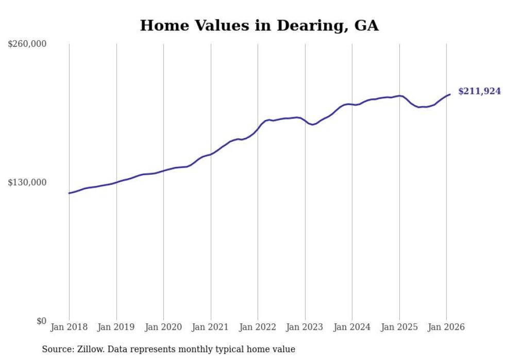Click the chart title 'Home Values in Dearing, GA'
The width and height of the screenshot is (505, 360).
pyautogui.click(x=259, y=26)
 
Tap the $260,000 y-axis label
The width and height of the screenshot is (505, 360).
pyautogui.click(x=27, y=44)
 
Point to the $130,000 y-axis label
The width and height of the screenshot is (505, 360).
pyautogui.click(x=27, y=182)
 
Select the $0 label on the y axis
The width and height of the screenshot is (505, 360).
pyautogui.click(x=41, y=321)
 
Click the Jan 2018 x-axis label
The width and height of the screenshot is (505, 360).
pyautogui.click(x=69, y=328)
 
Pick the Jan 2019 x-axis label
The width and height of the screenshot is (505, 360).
pyautogui.click(x=116, y=328)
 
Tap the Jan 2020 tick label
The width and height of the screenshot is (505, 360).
pyautogui.click(x=163, y=328)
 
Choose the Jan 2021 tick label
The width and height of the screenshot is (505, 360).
pyautogui.click(x=211, y=328)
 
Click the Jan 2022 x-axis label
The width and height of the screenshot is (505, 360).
pyautogui.click(x=258, y=328)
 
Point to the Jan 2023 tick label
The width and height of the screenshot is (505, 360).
pyautogui.click(x=305, y=328)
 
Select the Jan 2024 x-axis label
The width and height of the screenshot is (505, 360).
pyautogui.click(x=352, y=328)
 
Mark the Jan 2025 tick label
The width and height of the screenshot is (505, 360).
pyautogui.click(x=399, y=328)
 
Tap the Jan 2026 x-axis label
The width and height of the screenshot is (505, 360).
pyautogui.click(x=446, y=328)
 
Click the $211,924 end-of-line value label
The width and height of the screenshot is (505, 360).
pyautogui.click(x=479, y=91)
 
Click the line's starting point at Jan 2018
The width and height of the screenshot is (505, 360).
pyautogui.click(x=69, y=193)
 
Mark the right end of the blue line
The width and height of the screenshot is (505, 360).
pyautogui.click(x=450, y=94)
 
